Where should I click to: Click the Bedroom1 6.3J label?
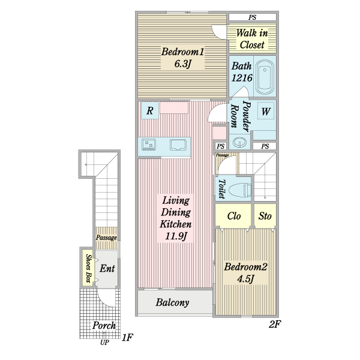point(183,58)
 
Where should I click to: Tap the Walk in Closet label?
point(252,38)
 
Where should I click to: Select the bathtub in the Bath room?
point(265,77)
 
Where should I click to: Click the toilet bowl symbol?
point(240,190)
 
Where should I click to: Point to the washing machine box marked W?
point(266,110)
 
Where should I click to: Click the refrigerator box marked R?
point(150,110)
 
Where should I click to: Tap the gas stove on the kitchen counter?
point(149,145)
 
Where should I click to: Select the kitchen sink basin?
point(178,145)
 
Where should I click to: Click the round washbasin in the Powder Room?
point(239,142)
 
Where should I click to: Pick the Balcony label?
point(172,302)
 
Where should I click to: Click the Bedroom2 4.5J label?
point(245,273)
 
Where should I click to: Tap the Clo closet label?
point(234,216)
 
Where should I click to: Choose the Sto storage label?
point(265,216)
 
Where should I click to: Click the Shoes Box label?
point(88,268)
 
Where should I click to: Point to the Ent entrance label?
point(107,268)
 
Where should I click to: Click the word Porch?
point(104,325)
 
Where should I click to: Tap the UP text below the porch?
point(104,343)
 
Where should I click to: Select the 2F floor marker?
point(275,324)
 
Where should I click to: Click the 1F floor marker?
point(127,337)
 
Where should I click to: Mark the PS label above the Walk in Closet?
point(252,17)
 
